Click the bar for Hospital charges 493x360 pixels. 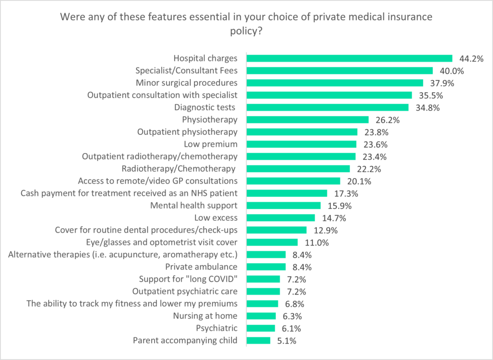(349, 58)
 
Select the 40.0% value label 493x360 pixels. (449, 71)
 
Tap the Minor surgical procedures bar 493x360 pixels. (335, 83)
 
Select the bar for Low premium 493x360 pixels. (301, 144)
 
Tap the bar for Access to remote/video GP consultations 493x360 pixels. (293, 181)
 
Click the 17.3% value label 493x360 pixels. (343, 193)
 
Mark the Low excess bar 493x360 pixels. (280, 218)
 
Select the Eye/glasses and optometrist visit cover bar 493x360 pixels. (272, 242)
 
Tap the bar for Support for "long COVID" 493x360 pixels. (263, 279)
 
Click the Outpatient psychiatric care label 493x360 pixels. (185, 291)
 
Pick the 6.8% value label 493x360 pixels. (294, 304)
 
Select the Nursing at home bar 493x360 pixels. (261, 316)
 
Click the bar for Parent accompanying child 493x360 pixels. (258, 341)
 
